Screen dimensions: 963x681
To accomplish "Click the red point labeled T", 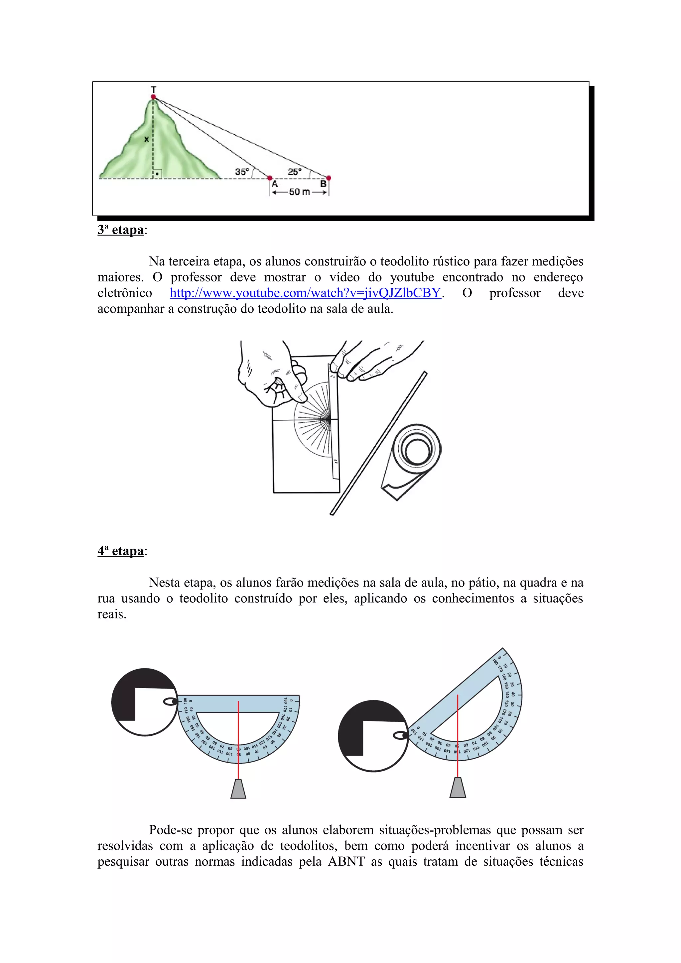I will click(154, 97).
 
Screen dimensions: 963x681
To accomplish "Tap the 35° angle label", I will click(242, 171).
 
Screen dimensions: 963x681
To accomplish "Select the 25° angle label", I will click(294, 171).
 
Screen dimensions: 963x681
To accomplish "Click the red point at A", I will click(270, 178).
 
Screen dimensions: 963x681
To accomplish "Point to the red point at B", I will click(329, 178).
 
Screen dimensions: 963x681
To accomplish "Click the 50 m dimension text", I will click(300, 192).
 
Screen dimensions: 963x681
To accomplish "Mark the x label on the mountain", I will click(146, 139).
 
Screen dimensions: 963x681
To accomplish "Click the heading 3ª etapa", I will click(121, 230).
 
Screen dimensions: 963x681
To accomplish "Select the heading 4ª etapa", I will click(121, 551).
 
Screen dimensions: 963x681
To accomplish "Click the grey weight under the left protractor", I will click(238, 789).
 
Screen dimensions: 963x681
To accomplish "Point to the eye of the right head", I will click(400, 736).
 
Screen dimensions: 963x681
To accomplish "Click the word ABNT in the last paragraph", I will click(346, 862).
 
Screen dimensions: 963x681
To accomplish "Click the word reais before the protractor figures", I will click(112, 614).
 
